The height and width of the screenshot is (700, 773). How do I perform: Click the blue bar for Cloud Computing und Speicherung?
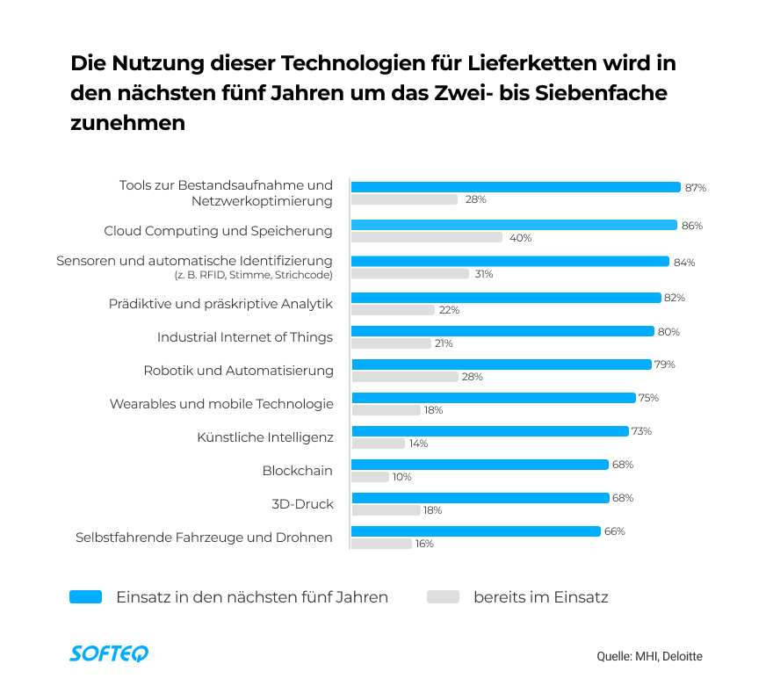pyautogui.click(x=514, y=225)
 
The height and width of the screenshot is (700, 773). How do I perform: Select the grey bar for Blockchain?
pyautogui.click(x=370, y=477)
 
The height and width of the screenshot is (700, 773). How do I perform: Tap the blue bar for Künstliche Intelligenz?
pyautogui.click(x=490, y=431)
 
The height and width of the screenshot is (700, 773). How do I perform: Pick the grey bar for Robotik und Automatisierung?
pyautogui.click(x=405, y=377)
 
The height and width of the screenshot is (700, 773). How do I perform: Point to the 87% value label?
pyautogui.click(x=696, y=188)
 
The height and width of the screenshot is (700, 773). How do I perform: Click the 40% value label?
pyautogui.click(x=520, y=238)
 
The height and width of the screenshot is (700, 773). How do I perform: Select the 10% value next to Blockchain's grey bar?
pyautogui.click(x=402, y=477)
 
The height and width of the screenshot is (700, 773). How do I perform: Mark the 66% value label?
pyautogui.click(x=615, y=531)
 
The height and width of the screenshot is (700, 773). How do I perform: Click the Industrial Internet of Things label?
pyautogui.click(x=245, y=337)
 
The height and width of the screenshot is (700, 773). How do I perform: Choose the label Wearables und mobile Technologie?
pyautogui.click(x=221, y=404)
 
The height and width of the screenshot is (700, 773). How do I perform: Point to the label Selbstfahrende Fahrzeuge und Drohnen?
pyautogui.click(x=204, y=537)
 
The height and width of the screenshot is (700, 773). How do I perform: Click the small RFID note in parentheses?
pyautogui.click(x=254, y=276)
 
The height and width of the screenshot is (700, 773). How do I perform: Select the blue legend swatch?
pyautogui.click(x=86, y=597)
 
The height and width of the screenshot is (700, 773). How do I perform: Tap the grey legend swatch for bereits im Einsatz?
pyautogui.click(x=443, y=597)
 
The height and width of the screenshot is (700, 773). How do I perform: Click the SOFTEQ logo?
pyautogui.click(x=109, y=653)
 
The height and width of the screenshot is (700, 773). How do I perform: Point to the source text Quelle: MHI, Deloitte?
pyautogui.click(x=649, y=656)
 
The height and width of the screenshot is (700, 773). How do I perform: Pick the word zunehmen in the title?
pyautogui.click(x=127, y=123)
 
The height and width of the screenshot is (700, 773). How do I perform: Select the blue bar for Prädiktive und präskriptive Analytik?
pyautogui.click(x=506, y=298)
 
